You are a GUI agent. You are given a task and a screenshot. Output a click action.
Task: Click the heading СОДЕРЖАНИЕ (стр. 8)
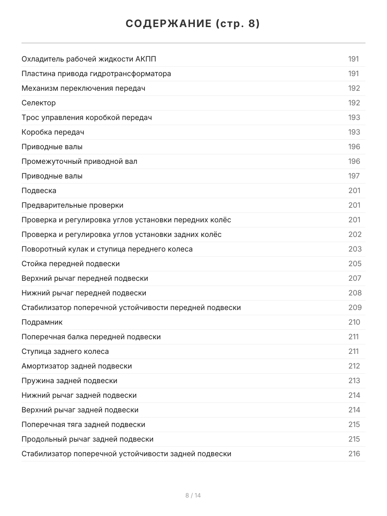[193, 24]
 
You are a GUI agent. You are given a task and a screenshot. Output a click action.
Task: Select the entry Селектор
[39, 103]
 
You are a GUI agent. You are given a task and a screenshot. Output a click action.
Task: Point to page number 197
[354, 176]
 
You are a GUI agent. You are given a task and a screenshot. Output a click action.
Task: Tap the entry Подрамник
[42, 322]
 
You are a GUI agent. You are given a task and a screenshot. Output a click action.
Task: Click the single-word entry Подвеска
[39, 191]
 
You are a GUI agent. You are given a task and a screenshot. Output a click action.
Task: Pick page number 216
[354, 454]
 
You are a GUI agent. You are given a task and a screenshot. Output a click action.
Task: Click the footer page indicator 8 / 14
[193, 495]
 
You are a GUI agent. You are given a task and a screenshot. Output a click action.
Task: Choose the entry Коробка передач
[53, 132]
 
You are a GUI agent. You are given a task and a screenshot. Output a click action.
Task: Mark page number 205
[355, 264]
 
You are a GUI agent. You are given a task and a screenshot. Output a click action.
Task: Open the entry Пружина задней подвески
[69, 381]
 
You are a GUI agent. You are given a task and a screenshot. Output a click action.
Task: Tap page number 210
[354, 322]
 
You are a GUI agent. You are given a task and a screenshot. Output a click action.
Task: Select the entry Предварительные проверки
[72, 206]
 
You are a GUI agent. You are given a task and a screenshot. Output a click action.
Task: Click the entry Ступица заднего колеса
[65, 352]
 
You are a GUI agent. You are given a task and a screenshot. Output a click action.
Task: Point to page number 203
[355, 249]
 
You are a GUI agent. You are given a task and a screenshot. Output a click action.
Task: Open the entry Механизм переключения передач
[83, 89]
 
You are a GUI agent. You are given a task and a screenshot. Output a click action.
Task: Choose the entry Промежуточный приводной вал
[80, 162]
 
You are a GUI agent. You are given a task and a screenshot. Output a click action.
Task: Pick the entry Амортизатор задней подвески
[77, 366]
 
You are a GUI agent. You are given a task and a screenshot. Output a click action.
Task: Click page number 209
[355, 308]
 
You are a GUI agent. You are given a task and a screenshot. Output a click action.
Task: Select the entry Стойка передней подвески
[71, 264]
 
